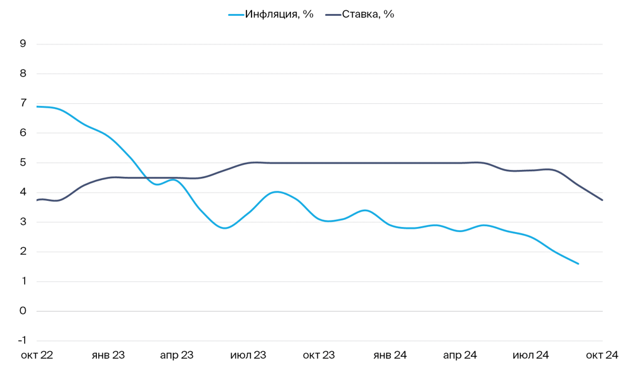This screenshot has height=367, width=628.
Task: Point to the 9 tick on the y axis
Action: (23, 44)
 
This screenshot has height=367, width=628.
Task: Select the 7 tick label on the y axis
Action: (23, 103)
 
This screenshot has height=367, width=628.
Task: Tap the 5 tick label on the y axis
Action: (23, 162)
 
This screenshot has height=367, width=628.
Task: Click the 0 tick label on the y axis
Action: (23, 311)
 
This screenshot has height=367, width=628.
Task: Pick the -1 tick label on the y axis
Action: (22, 341)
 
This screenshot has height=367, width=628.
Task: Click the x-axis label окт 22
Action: (37, 355)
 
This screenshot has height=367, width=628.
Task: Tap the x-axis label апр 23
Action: (177, 355)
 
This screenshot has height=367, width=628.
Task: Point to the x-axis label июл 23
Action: (248, 355)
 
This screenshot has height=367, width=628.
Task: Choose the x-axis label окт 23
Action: (318, 355)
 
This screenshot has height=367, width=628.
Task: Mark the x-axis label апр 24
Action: (459, 355)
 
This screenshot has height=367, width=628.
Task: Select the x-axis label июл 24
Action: (530, 355)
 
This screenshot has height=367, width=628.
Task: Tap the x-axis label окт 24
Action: (601, 355)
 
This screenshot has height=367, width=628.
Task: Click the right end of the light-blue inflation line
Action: (578, 264)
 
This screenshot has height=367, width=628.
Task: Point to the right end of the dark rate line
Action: (602, 200)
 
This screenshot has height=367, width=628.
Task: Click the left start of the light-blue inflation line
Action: (37, 106)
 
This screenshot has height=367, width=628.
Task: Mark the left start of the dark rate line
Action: (37, 200)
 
